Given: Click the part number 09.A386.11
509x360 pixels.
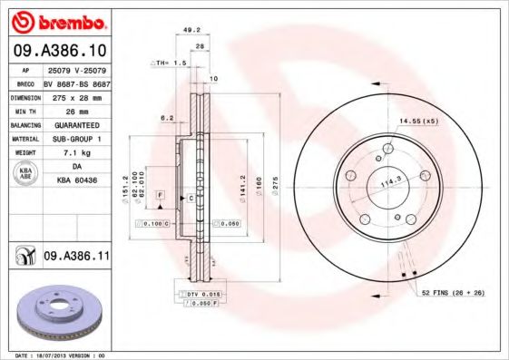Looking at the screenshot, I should (x=76, y=258).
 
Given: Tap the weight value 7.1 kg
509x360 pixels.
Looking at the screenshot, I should (x=76, y=153).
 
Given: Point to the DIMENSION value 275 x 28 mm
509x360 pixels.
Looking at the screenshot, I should (x=76, y=96).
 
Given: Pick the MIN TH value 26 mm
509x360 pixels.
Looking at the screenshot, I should (x=76, y=111).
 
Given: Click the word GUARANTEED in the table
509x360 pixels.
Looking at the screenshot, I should (x=76, y=125).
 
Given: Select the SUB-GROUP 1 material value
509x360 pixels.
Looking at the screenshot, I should (x=76, y=139).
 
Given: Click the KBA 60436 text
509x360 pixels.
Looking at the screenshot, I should (x=76, y=181).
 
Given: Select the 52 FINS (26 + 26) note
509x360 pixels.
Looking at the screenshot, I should (x=451, y=292).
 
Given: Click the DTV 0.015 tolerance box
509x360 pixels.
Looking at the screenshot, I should (x=199, y=295).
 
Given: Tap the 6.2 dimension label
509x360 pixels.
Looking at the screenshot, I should (x=166, y=118).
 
